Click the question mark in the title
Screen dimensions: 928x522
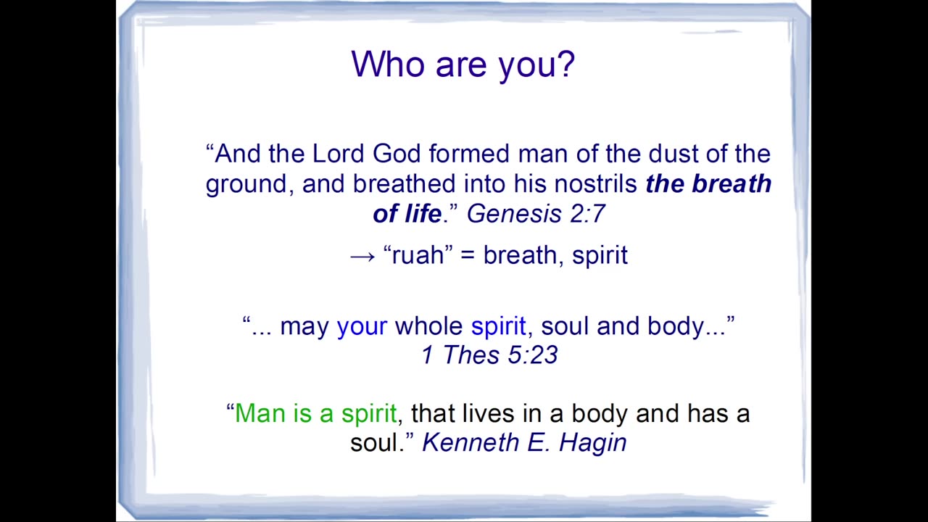pos(564,64)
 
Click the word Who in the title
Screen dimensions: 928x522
pos(388,64)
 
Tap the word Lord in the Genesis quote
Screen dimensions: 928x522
pos(338,153)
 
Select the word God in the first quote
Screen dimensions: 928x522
pos(397,153)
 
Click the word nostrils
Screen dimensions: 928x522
pos(595,183)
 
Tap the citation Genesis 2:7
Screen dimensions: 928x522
pos(536,214)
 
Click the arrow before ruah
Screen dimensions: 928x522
pos(362,257)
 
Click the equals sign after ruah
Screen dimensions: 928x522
pos(468,255)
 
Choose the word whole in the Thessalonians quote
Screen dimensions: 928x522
pos(428,326)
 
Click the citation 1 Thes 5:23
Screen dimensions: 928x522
pos(489,355)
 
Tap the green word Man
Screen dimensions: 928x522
pos(260,413)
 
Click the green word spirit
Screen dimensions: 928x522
pos(369,414)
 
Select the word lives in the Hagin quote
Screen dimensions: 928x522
pos(488,413)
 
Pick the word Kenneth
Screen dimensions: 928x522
pos(471,442)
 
